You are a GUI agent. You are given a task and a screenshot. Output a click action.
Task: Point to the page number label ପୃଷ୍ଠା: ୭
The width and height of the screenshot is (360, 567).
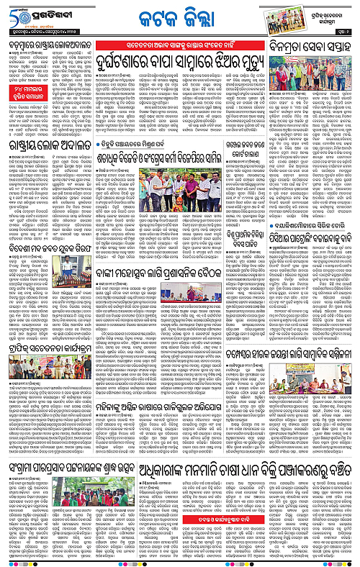click(x=343, y=34)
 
